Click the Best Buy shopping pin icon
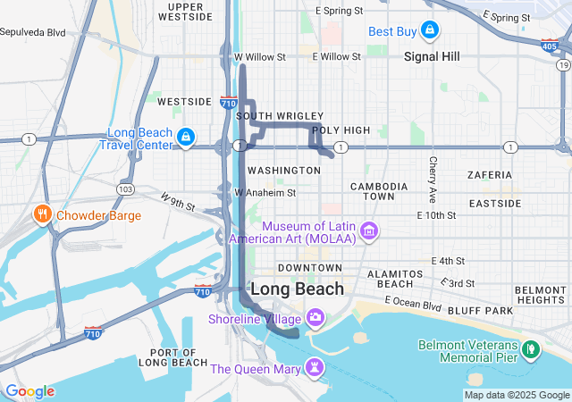430,31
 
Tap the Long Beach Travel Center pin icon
185,137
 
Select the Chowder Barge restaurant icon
41,214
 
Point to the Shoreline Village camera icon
315,317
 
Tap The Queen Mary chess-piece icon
315,367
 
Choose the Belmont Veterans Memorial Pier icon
532,348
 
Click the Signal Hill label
432,56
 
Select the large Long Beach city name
297,289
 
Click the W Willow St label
259,56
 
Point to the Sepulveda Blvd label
33,31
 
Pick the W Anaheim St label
265,191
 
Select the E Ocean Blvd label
413,304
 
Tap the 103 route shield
125,189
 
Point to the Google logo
29,391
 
